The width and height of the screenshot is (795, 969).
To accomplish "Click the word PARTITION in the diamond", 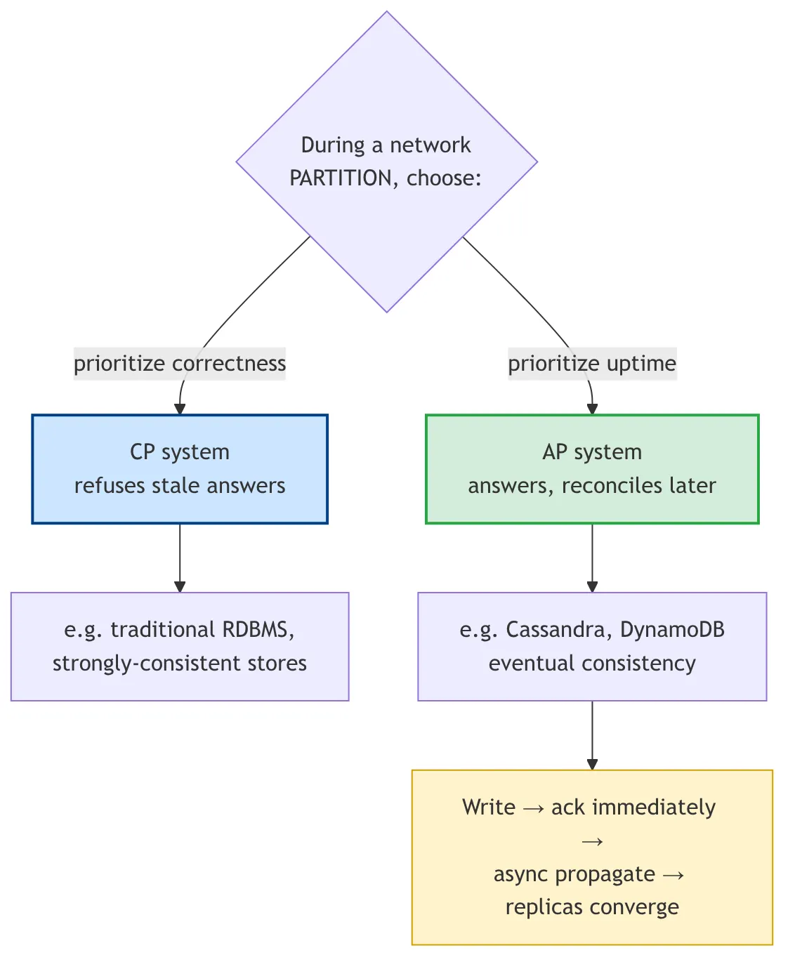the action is click(341, 178).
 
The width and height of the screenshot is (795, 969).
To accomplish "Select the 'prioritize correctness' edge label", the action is click(180, 364).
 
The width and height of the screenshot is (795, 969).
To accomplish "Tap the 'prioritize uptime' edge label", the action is click(592, 364).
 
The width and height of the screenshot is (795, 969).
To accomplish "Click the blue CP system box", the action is click(180, 468).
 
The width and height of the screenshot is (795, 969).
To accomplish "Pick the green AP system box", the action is click(592, 468).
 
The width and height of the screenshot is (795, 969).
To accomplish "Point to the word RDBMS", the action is click(258, 629).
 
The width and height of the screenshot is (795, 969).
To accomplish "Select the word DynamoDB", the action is click(672, 629).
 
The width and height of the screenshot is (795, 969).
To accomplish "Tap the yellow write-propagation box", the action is click(592, 857).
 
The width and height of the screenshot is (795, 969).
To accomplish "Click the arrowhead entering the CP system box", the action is click(180, 409).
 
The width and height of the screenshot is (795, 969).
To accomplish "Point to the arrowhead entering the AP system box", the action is click(592, 409).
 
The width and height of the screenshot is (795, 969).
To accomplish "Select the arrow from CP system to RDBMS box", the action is click(180, 558).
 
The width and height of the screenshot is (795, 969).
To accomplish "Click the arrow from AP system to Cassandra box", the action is click(592, 558).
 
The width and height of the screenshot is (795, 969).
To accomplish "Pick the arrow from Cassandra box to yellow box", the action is click(592, 735).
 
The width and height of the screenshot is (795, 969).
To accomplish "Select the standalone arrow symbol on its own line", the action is click(592, 842).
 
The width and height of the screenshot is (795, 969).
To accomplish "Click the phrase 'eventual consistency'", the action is click(592, 664).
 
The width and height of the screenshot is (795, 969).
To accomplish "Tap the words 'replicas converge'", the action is click(592, 907).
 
